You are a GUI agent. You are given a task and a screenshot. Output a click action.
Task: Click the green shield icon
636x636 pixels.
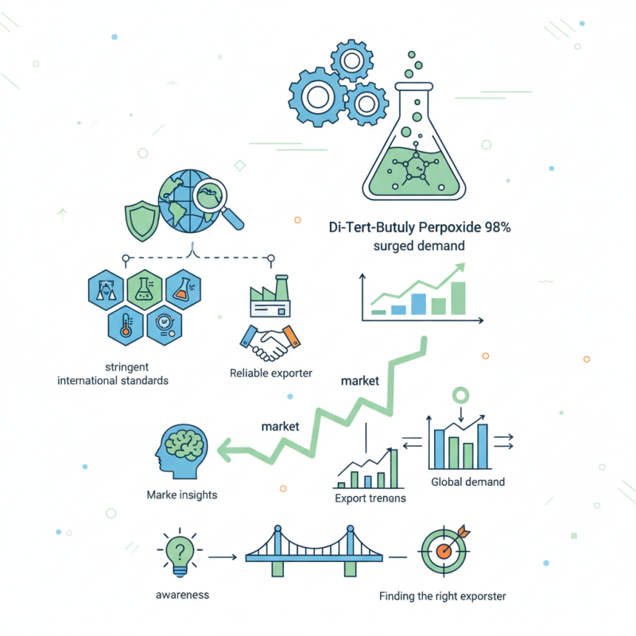142,220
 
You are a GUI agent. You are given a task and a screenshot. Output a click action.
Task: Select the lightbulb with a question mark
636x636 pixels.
180,553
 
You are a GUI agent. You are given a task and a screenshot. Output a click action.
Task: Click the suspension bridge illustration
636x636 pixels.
313,550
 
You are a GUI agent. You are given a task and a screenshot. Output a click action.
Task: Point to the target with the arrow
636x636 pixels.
444,550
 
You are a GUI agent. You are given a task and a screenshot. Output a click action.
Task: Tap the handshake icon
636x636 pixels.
270,343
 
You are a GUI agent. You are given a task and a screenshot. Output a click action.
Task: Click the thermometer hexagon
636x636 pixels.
126,326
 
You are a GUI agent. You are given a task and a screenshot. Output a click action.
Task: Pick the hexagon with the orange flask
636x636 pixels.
184,289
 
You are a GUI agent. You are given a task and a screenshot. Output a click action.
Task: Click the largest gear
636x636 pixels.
317,97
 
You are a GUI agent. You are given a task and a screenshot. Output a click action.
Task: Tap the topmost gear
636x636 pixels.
351,61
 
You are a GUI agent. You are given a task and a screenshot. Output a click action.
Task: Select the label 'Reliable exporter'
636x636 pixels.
271,373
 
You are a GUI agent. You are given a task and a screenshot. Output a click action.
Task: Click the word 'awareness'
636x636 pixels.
183,595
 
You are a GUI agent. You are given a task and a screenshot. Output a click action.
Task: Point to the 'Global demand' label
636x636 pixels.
467,482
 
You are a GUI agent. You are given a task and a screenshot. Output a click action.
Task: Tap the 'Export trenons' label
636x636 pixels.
370,498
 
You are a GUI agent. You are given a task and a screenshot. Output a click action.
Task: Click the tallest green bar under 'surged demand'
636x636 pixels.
459,298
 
